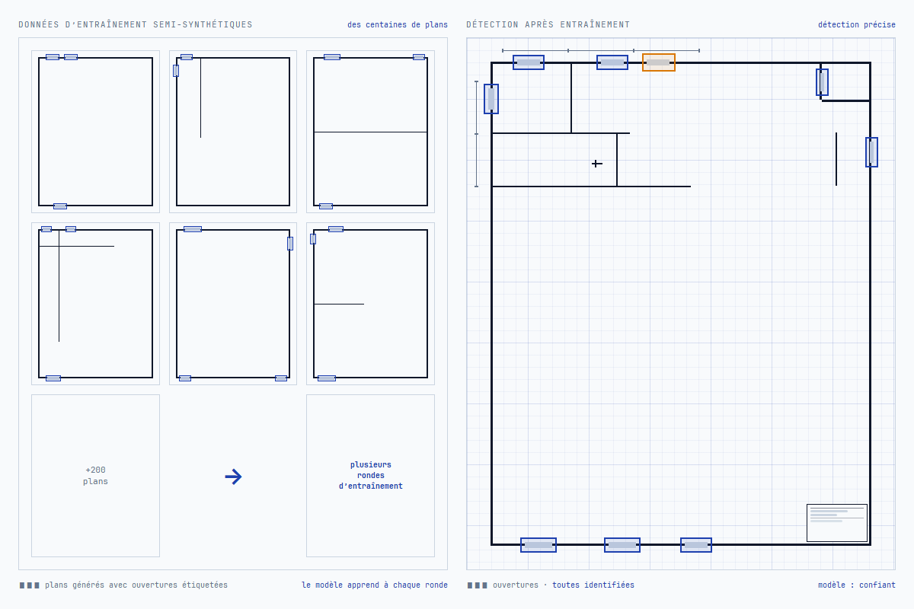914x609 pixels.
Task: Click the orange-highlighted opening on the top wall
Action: pyautogui.click(x=659, y=62)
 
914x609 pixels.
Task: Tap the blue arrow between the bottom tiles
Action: pyautogui.click(x=233, y=477)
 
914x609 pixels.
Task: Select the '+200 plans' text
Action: pyautogui.click(x=95, y=476)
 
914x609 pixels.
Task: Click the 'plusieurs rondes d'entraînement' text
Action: pyautogui.click(x=370, y=475)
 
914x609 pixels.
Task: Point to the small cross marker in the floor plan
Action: pyautogui.click(x=596, y=164)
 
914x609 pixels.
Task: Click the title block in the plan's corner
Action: pyautogui.click(x=836, y=522)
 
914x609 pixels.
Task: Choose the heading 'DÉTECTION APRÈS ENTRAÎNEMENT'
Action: pyautogui.click(x=548, y=24)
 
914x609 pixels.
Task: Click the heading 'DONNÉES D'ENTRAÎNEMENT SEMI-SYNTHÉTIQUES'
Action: pyautogui.click(x=136, y=24)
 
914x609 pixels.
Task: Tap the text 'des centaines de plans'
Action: pyautogui.click(x=398, y=24)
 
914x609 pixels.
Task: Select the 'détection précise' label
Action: pyautogui.click(x=856, y=24)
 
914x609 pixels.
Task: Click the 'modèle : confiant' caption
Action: pyautogui.click(x=856, y=585)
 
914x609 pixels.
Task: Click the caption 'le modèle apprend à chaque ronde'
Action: pyautogui.click(x=374, y=585)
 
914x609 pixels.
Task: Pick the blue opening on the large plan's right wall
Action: pyautogui.click(x=871, y=152)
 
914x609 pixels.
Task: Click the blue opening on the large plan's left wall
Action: pyautogui.click(x=491, y=99)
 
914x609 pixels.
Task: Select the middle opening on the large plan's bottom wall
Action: pyautogui.click(x=622, y=545)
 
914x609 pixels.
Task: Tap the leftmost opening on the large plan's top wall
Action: pyautogui.click(x=529, y=62)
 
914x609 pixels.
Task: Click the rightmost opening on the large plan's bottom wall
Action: pyautogui.click(x=696, y=545)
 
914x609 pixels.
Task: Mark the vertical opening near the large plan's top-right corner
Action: pyautogui.click(x=822, y=82)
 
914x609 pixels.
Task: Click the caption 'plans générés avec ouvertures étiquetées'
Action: pyautogui.click(x=136, y=585)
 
